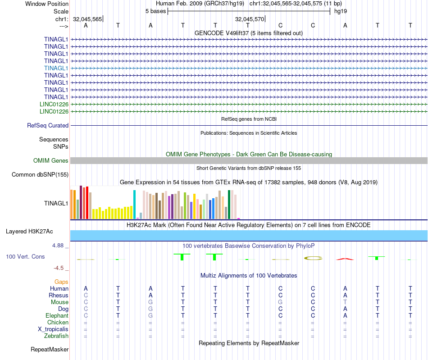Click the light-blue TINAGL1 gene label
click(x=56, y=68)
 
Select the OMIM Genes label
click(x=51, y=161)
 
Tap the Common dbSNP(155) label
click(x=40, y=175)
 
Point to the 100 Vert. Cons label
click(x=25, y=256)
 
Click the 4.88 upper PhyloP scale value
click(x=59, y=246)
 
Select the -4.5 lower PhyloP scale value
click(x=59, y=268)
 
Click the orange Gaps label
click(x=61, y=282)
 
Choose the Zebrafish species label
click(x=56, y=336)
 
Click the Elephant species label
click(x=57, y=315)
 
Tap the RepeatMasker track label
click(x=50, y=349)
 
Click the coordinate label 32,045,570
click(x=250, y=19)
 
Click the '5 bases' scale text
click(x=155, y=11)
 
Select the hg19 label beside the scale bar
click(x=340, y=11)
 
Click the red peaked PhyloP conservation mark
click(x=344, y=259)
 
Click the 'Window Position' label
click(x=47, y=4)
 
